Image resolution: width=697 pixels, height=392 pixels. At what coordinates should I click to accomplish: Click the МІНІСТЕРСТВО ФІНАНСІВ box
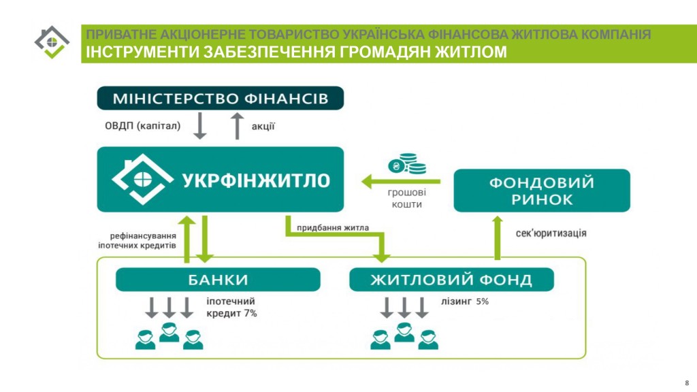220,98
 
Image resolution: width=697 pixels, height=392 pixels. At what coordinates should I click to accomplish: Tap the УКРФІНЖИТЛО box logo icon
142,179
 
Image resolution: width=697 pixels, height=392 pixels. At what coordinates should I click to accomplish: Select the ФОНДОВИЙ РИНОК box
541,191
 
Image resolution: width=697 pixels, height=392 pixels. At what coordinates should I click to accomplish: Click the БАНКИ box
218,279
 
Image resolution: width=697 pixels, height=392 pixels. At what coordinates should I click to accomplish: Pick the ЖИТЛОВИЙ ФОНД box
451,279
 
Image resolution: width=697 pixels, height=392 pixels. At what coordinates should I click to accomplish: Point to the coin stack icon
407,163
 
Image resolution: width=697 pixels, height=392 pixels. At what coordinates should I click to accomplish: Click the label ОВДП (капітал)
143,126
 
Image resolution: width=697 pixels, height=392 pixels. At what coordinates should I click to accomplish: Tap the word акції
263,126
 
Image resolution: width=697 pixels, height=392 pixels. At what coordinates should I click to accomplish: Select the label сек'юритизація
551,233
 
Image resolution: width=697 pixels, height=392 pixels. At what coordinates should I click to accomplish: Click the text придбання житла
332,227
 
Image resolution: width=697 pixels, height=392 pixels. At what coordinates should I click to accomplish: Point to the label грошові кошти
407,198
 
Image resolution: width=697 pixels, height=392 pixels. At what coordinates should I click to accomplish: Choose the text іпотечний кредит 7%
231,307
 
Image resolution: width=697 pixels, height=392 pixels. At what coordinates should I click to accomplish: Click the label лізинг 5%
464,301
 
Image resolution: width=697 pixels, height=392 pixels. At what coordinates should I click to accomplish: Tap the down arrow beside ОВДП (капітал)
200,126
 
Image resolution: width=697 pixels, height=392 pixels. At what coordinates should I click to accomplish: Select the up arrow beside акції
238,126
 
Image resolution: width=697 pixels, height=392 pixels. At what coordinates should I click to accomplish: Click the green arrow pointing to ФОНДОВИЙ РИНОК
498,238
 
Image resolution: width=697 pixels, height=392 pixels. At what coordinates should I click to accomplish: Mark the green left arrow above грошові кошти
401,181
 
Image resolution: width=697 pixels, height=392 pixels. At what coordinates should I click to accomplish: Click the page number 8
687,382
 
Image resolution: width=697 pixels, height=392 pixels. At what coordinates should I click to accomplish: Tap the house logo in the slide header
52,42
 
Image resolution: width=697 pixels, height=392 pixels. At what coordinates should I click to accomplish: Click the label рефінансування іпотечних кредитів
137,240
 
